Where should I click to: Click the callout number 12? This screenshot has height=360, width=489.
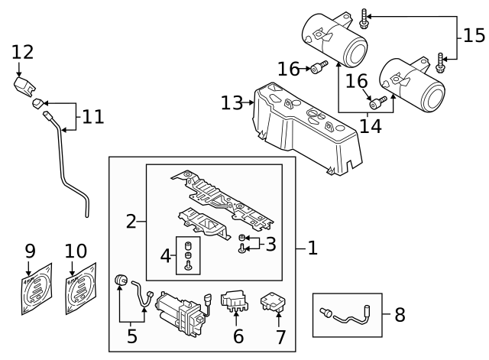(23, 52)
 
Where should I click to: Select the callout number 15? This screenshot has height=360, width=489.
(474, 36)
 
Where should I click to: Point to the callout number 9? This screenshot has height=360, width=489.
(30, 250)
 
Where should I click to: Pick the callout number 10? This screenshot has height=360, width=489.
(76, 250)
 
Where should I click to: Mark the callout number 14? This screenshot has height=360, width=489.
(371, 126)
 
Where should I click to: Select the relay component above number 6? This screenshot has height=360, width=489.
(235, 300)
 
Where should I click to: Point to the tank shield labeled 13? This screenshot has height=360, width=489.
(306, 126)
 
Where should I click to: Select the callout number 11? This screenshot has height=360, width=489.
(92, 117)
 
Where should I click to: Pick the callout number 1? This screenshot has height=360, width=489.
(312, 248)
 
